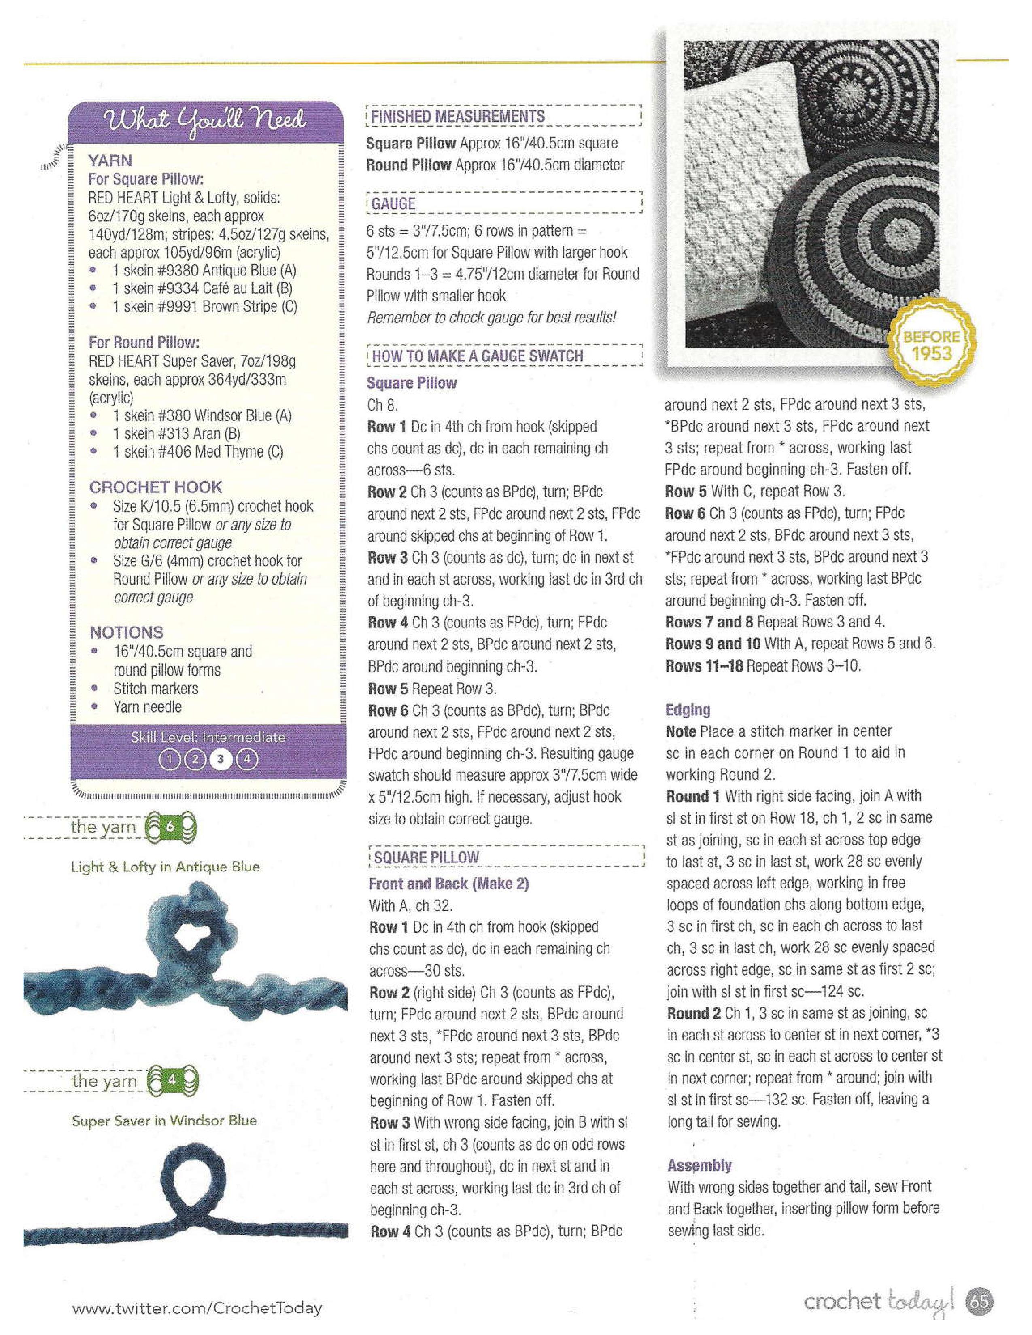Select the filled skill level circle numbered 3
click(221, 759)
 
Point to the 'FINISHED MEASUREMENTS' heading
click(457, 116)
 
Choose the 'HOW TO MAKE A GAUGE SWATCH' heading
click(478, 356)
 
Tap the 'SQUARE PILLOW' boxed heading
click(426, 857)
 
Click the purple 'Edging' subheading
click(688, 710)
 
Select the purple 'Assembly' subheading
click(699, 1165)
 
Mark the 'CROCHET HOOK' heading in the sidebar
click(156, 487)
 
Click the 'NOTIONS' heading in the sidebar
click(127, 633)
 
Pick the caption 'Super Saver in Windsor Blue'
click(164, 1121)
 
